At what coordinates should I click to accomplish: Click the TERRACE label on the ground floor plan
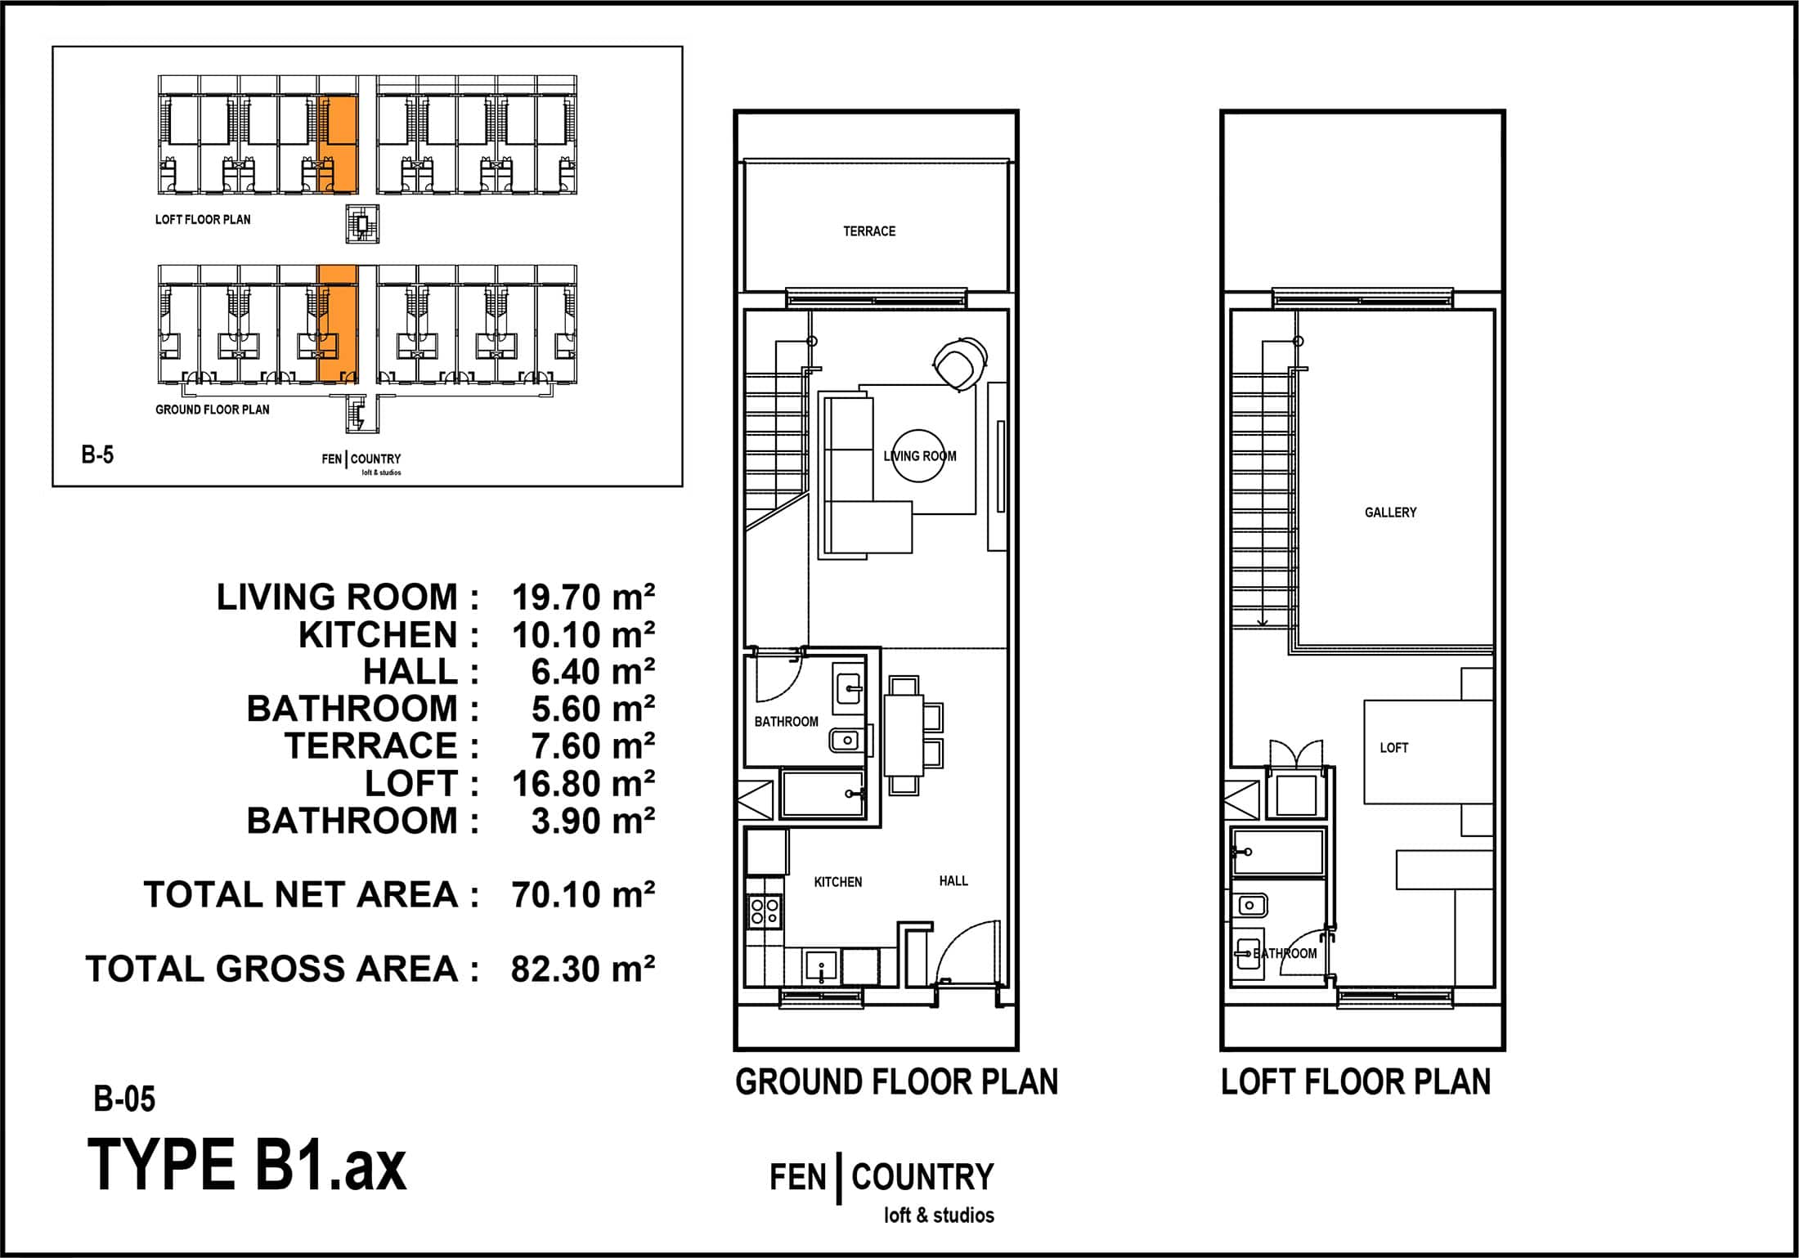(x=869, y=231)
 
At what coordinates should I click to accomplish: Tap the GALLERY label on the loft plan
(x=1390, y=513)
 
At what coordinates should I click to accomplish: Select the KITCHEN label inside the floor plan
(x=838, y=882)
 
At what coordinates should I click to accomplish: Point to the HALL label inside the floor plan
(x=953, y=880)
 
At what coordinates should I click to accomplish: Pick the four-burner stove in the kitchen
(x=765, y=911)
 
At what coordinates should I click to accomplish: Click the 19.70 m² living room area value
(x=583, y=598)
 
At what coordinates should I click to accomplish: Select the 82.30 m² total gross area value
(x=583, y=969)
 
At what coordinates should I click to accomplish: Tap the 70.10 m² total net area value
(x=583, y=895)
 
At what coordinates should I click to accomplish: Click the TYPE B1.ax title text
(x=247, y=1165)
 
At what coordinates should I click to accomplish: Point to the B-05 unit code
(x=124, y=1099)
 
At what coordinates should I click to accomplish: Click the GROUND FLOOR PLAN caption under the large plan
(x=896, y=1081)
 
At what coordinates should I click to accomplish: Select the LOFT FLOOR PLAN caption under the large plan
(x=1356, y=1081)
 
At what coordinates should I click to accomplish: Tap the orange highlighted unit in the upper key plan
(x=338, y=145)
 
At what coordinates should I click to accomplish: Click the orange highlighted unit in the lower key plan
(x=338, y=324)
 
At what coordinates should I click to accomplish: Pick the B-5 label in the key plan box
(x=97, y=454)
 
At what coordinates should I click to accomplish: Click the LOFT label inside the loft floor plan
(x=1394, y=748)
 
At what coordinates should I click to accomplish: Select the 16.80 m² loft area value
(x=583, y=784)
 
